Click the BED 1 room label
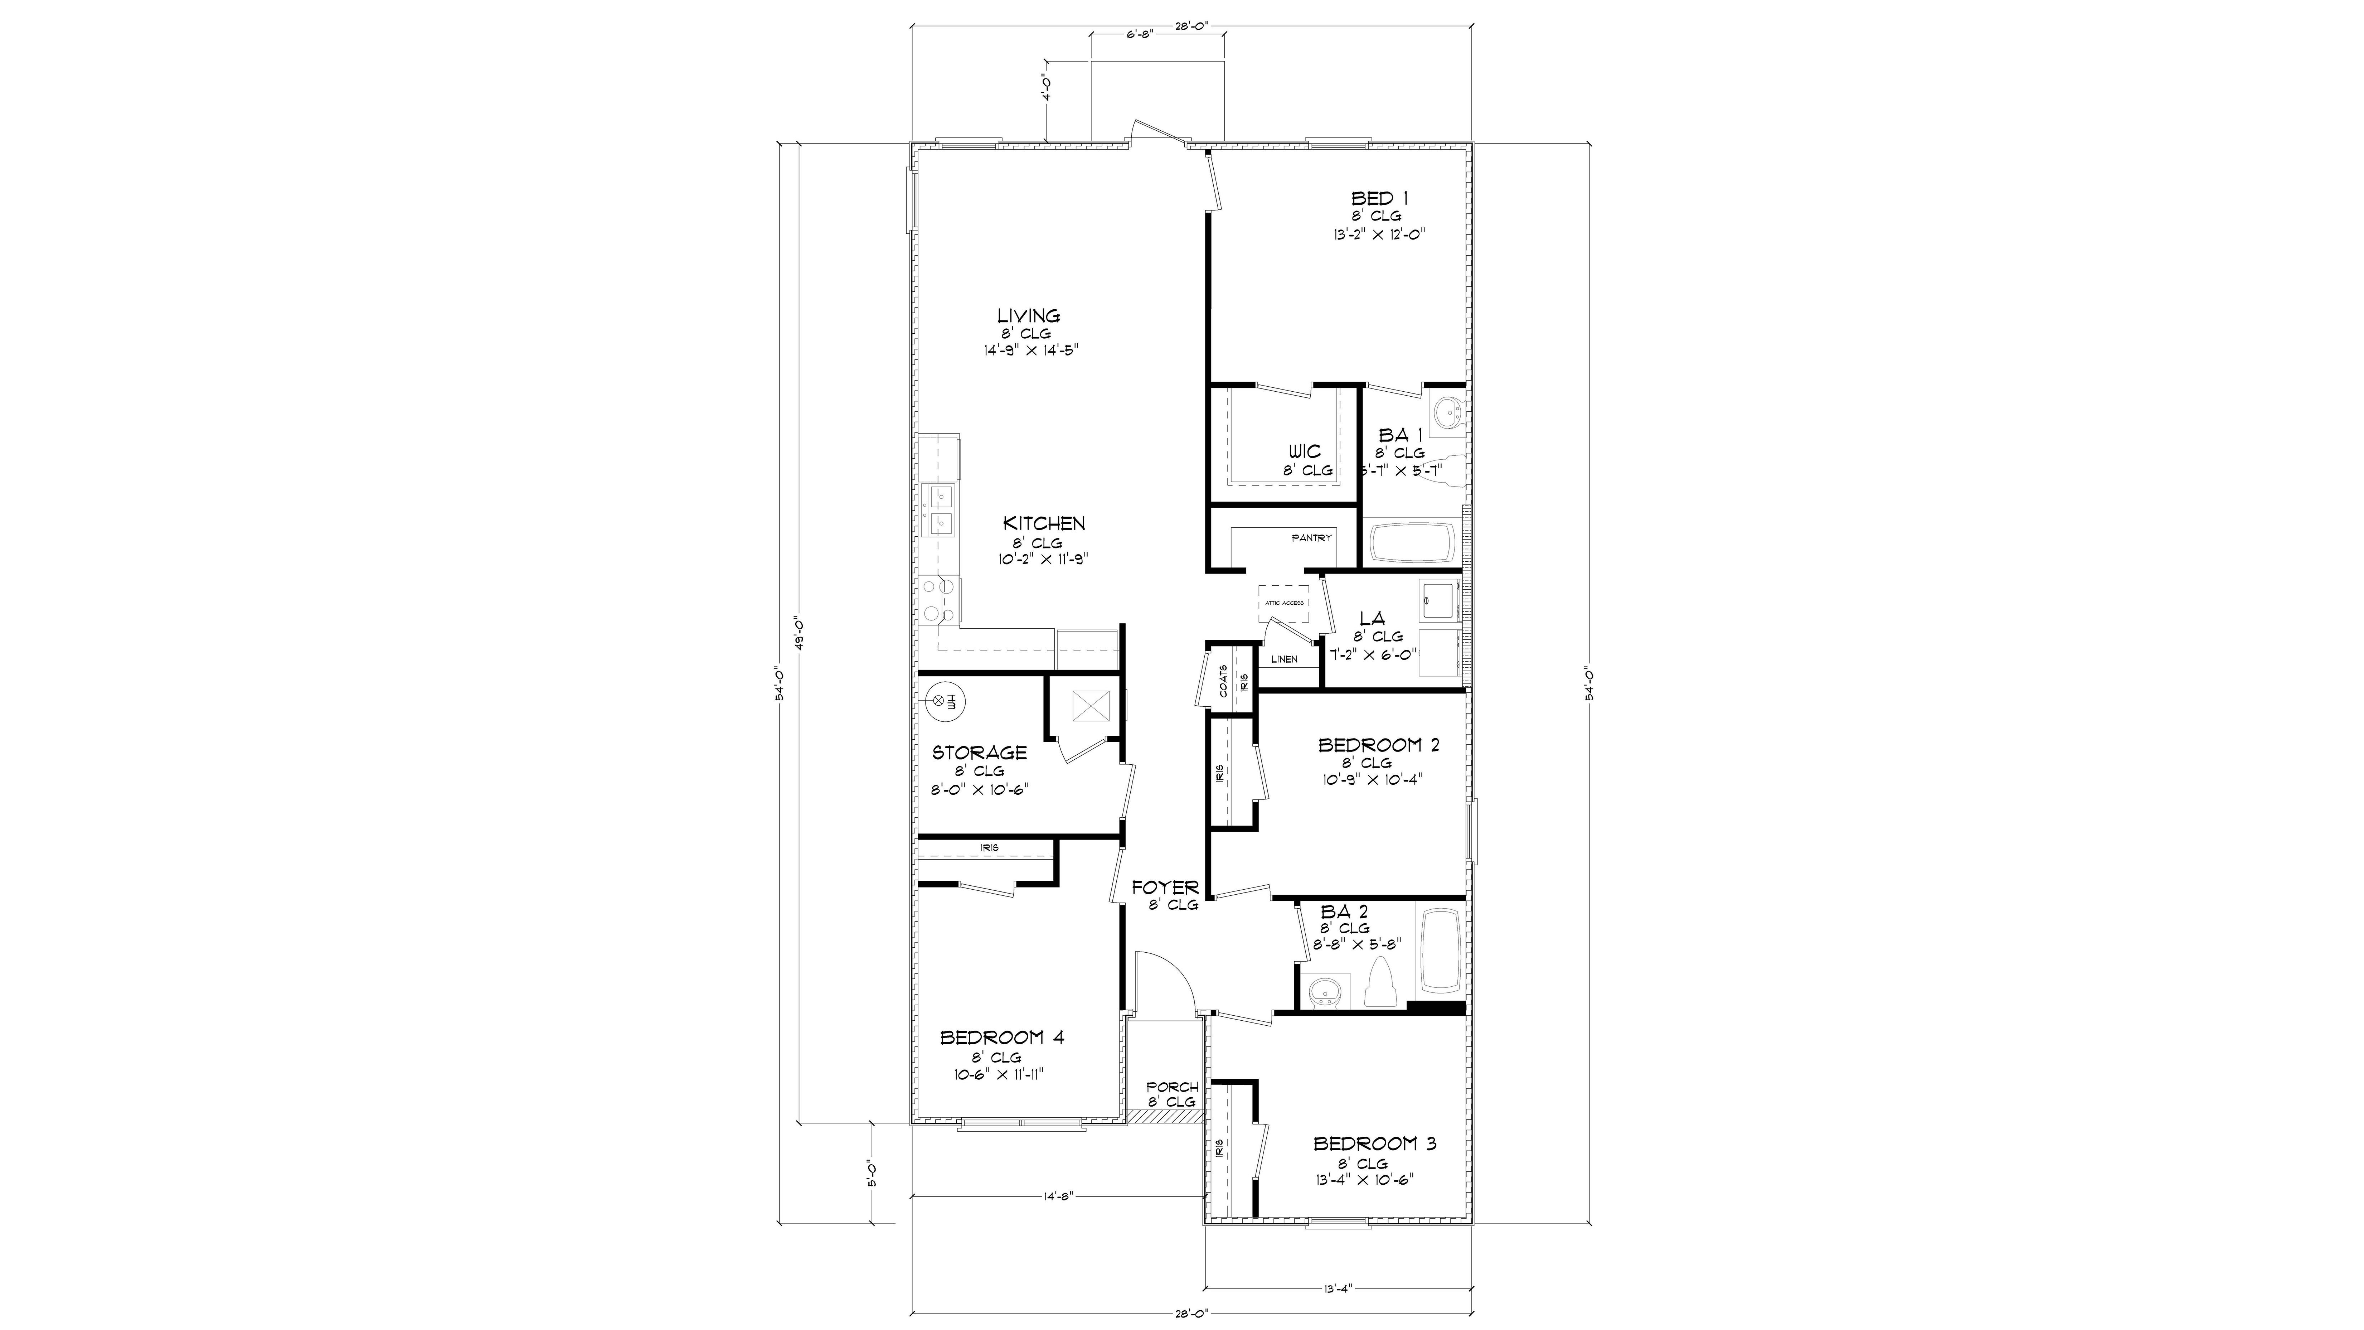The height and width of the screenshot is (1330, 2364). (1379, 198)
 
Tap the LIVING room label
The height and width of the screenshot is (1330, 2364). (1029, 316)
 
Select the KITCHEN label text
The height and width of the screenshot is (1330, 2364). (1043, 523)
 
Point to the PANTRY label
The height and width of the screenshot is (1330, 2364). (1311, 538)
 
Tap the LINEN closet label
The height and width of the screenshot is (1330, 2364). (1284, 659)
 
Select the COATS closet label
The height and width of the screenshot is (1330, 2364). (1223, 681)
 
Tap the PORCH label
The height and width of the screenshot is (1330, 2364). (1172, 1087)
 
